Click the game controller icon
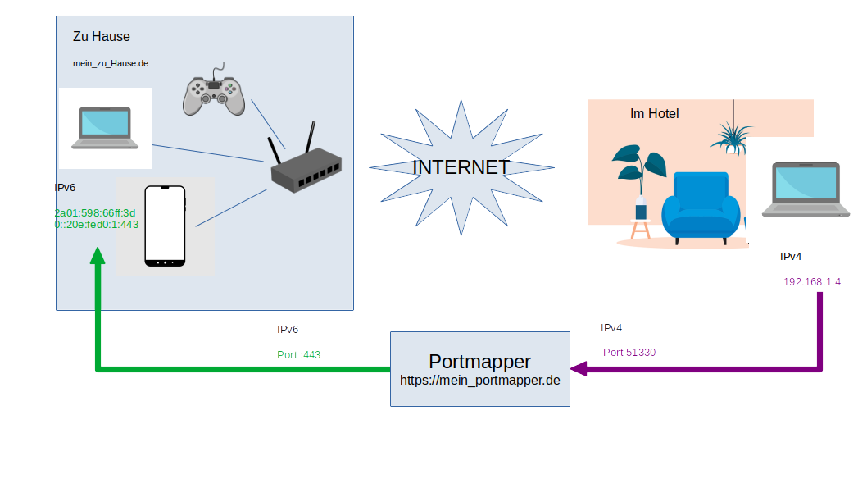tap(213, 91)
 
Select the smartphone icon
tap(165, 226)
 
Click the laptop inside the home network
tap(104, 128)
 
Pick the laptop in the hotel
tap(801, 190)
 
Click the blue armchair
tap(700, 208)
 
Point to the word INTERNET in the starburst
tap(461, 167)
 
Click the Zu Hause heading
tap(102, 37)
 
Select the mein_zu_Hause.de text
tap(111, 63)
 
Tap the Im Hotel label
tap(654, 114)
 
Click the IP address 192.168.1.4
tap(812, 281)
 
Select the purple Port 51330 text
tap(629, 353)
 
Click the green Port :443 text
tap(299, 355)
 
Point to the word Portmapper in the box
tap(479, 362)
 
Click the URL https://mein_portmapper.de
tap(479, 381)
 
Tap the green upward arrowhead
tap(98, 255)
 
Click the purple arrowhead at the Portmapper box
tap(579, 369)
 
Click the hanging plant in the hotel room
tap(732, 135)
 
